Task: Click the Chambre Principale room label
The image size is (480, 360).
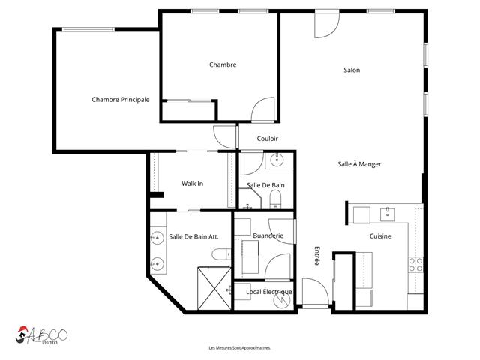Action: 121,100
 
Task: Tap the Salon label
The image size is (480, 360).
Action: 352,70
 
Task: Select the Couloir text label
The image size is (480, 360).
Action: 268,139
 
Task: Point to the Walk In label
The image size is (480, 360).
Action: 192,183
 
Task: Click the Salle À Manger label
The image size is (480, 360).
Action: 359,164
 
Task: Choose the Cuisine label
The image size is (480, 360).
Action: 380,236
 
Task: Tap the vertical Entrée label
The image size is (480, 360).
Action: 317,256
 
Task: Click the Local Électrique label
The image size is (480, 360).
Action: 269,292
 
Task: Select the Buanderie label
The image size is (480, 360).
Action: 268,235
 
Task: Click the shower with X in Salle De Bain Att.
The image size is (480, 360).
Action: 214,288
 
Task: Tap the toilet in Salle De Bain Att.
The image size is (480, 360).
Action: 221,253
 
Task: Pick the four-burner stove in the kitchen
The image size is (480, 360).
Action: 415,265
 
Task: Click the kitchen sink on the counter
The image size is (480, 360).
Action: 387,214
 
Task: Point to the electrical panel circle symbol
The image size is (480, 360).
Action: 282,300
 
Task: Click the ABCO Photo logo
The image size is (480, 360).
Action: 41,335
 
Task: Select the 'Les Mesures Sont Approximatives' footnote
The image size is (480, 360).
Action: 240,348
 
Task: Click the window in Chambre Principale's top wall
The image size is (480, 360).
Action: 88,30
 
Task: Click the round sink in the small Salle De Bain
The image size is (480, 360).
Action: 277,160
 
